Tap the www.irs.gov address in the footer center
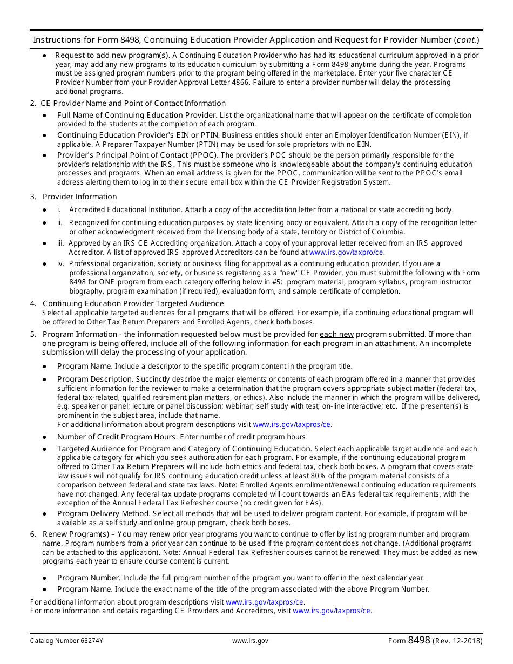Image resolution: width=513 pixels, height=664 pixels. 250,641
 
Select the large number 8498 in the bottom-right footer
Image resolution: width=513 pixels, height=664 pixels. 419,640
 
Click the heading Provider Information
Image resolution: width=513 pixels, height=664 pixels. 79,197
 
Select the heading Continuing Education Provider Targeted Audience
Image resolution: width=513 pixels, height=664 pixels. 133,303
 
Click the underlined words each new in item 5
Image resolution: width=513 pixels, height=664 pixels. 336,334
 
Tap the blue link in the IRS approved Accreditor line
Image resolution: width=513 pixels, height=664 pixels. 347,252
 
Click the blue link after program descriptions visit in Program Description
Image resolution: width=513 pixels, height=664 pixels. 292,424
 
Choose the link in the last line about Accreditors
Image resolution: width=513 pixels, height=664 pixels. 332,611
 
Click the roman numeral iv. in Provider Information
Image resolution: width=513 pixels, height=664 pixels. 60,264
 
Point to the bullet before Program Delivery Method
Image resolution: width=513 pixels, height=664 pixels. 44,514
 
